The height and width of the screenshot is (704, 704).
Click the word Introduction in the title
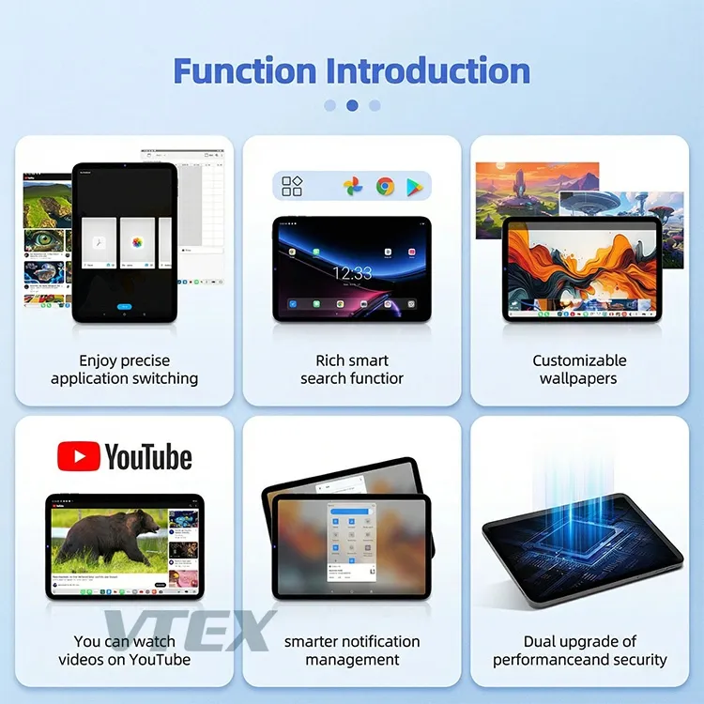click(427, 70)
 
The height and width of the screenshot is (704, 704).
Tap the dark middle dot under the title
click(352, 106)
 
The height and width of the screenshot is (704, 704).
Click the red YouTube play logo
click(78, 457)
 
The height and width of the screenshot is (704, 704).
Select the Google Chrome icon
click(385, 186)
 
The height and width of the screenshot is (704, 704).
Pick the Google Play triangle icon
click(414, 187)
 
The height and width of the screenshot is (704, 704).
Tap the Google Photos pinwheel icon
click(353, 186)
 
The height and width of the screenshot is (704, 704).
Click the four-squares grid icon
click(292, 186)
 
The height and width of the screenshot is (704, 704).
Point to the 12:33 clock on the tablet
click(352, 273)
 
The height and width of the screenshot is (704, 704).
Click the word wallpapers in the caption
click(578, 378)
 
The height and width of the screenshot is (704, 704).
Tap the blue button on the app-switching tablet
click(124, 307)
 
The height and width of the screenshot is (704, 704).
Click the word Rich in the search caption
click(331, 360)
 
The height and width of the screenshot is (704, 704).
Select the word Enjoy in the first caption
click(99, 360)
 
